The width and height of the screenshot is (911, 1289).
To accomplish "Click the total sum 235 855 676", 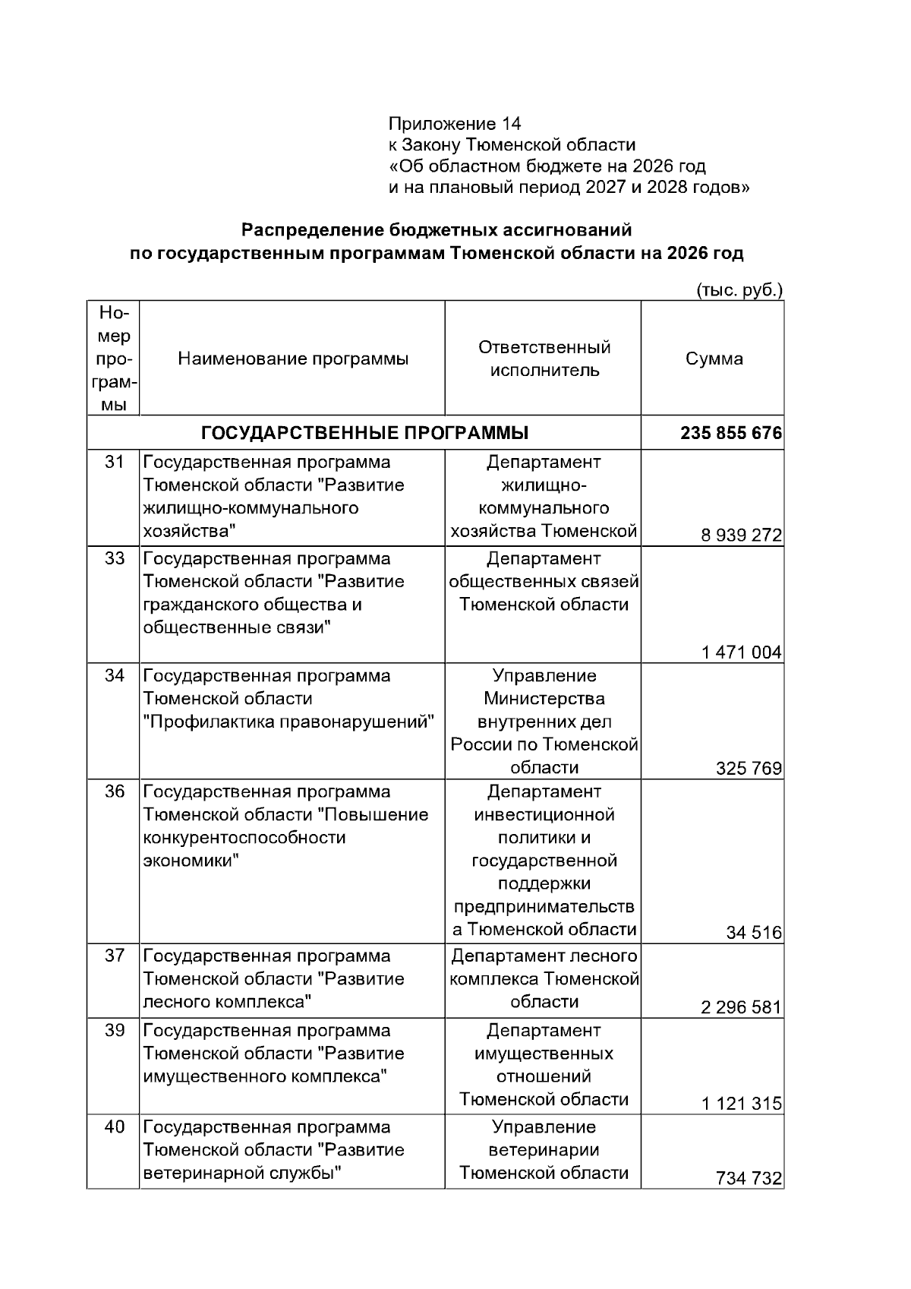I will click(730, 433).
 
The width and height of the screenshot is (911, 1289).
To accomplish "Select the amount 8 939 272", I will click(741, 536).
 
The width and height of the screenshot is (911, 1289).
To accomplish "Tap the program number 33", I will click(114, 559).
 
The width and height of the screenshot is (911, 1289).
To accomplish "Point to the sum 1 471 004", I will click(741, 652).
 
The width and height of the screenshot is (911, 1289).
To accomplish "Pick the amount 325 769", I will click(748, 769).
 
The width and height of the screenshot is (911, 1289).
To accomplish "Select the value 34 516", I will click(753, 933).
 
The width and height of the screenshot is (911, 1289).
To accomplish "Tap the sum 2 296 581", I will click(741, 1008).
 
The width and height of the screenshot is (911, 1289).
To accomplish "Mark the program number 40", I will click(114, 1127).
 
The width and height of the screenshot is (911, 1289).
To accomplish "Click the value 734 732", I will click(748, 1179).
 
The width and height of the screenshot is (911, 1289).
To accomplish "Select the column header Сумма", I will click(714, 359).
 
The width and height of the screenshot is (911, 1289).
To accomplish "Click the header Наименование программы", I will click(293, 359).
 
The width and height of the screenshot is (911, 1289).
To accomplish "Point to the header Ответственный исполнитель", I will click(544, 359).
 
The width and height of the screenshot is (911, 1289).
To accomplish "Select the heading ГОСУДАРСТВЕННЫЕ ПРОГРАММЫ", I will click(364, 433).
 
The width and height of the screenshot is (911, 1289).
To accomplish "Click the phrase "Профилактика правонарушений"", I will click(288, 722).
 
